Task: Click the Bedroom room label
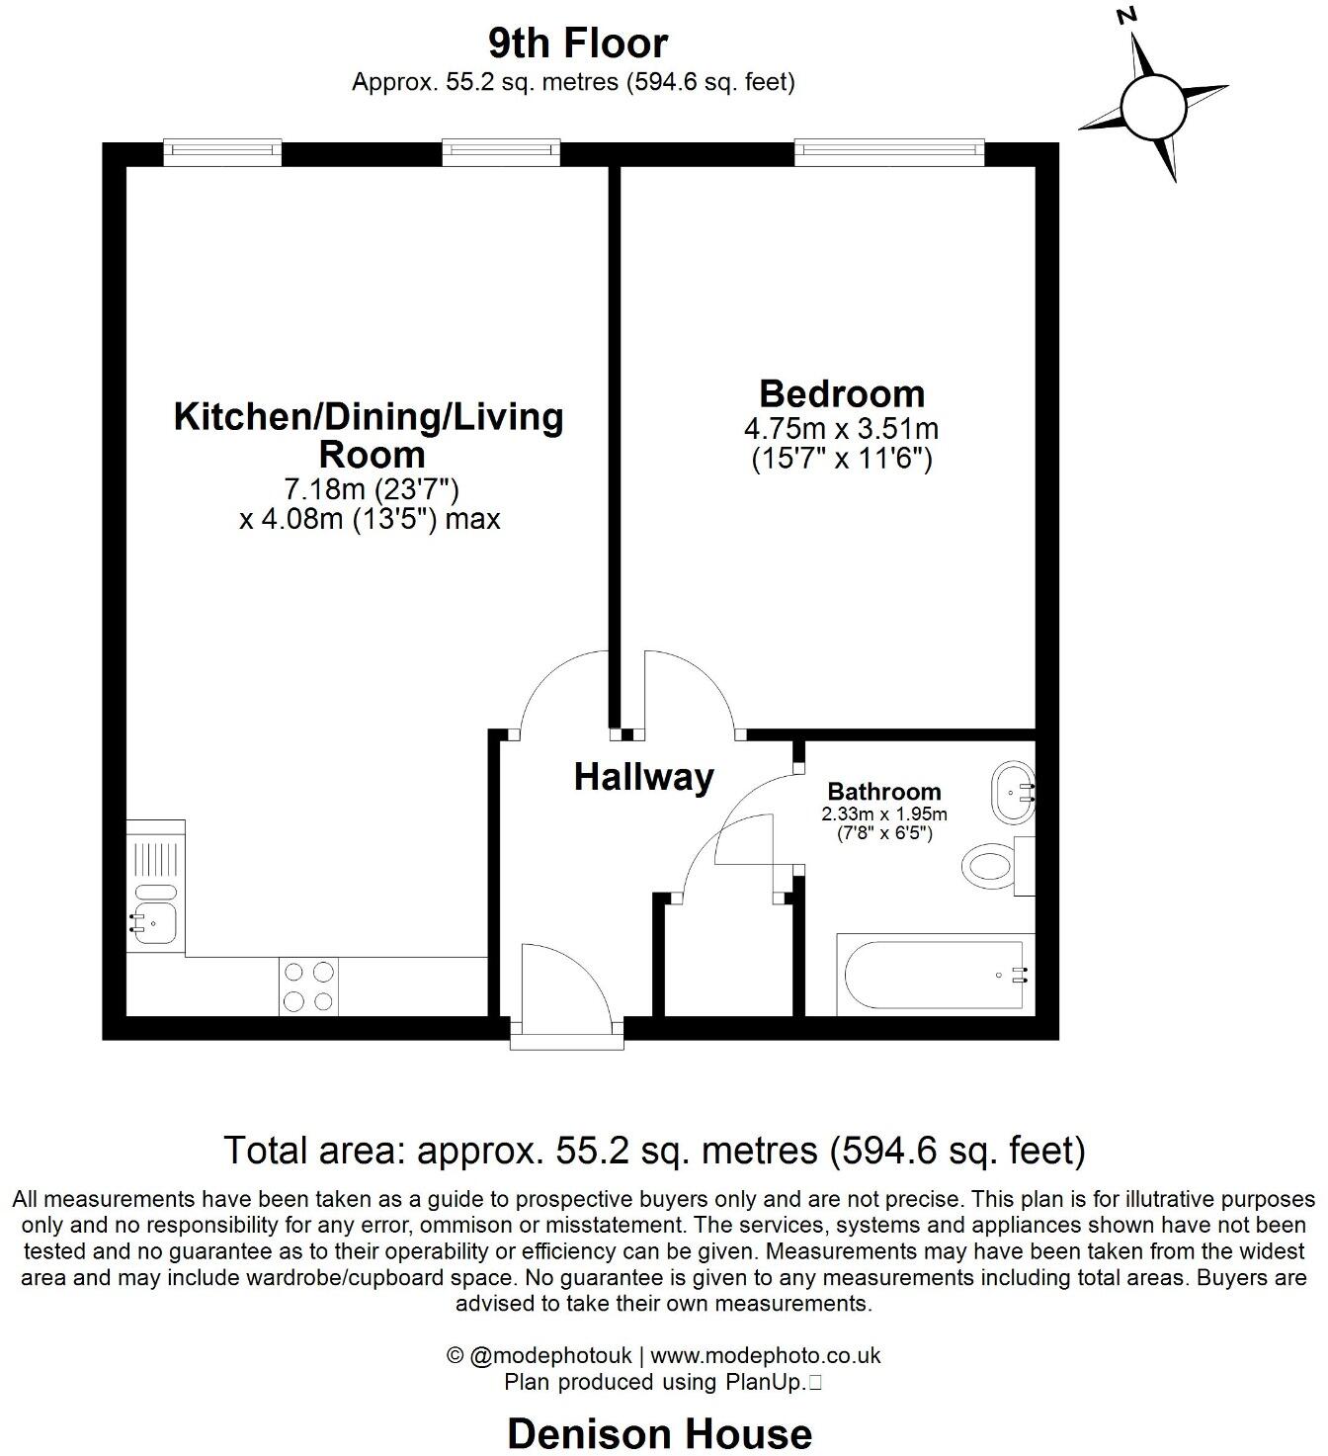point(842,393)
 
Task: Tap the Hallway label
point(643,778)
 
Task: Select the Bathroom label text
point(883,792)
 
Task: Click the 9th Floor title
point(578,43)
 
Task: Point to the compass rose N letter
point(1125,17)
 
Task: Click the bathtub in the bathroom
point(934,974)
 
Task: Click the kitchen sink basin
point(154,923)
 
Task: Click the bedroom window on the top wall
point(891,151)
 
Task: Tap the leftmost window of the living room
point(222,151)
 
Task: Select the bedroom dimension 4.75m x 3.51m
point(841,430)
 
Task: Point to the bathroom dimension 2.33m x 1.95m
point(883,814)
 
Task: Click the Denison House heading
point(659,1432)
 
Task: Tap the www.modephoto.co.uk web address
point(765,1355)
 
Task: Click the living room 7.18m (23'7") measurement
point(371,489)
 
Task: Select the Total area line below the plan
point(654,1151)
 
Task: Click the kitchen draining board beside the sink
point(154,854)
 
